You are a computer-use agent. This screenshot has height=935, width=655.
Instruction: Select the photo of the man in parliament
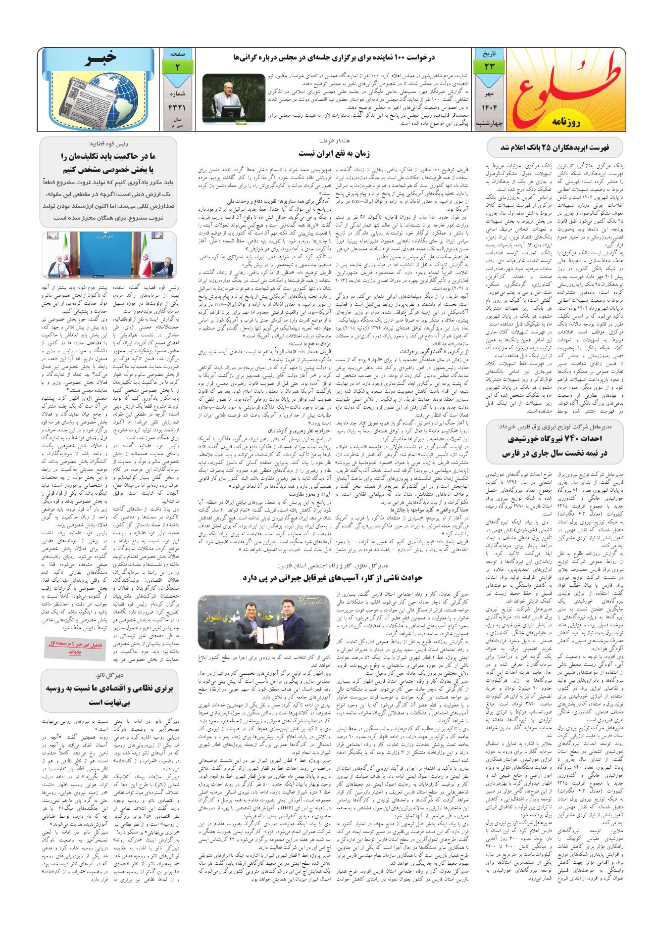[234, 98]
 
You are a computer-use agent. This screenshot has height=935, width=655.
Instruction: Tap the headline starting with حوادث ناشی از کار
[333, 577]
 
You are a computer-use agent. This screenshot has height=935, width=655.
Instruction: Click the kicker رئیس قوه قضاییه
[110, 144]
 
